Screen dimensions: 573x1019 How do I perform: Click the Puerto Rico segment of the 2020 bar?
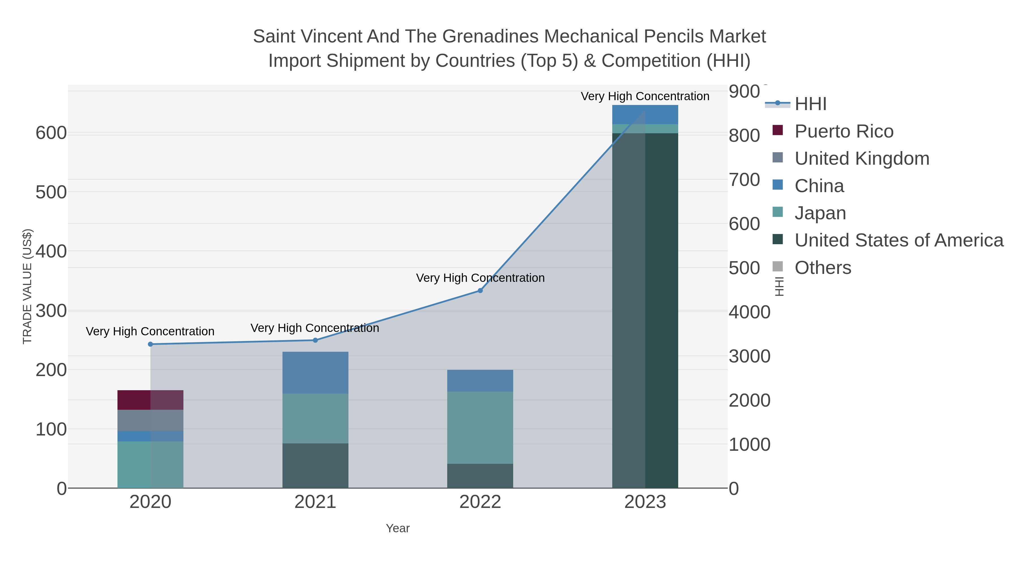(150, 400)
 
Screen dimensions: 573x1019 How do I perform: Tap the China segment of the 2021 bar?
(315, 372)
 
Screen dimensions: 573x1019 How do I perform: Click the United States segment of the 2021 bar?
(315, 465)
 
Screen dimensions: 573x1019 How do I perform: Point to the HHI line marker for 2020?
(150, 344)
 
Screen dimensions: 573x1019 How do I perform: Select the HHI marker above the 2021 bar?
(315, 340)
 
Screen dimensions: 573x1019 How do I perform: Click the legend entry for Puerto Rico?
(844, 131)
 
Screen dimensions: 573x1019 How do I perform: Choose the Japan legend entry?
(820, 213)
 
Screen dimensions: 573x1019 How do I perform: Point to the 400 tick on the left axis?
(52, 251)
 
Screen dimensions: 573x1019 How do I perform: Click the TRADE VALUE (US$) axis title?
(27, 286)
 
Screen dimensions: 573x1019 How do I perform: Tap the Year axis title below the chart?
(398, 528)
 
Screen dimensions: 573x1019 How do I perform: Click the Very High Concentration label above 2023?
(645, 96)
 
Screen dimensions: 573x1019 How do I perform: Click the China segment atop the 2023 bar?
(645, 115)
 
